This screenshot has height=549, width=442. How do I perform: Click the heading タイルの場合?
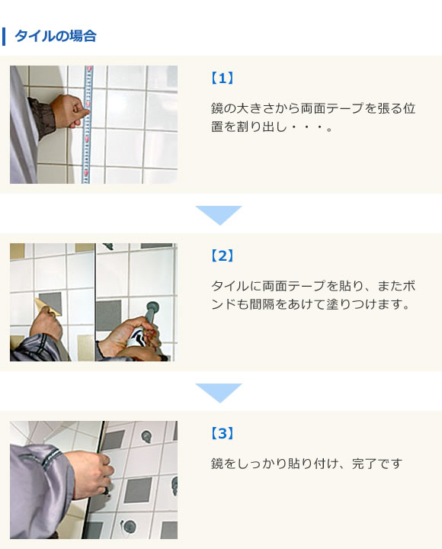pos(55,36)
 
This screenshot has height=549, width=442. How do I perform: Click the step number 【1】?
pos(221,78)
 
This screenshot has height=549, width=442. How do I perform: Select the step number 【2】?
pos(221,255)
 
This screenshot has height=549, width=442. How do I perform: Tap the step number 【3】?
pos(221,433)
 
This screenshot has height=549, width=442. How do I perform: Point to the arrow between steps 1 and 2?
pos(219,214)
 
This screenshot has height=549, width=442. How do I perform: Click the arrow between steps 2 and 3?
pos(219,392)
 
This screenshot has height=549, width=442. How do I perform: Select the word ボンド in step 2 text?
pos(408,286)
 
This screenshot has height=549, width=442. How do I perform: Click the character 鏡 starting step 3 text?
pos(217,464)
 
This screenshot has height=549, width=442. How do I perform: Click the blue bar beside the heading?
pos(5,36)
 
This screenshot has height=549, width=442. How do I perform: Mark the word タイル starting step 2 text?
pos(229,286)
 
